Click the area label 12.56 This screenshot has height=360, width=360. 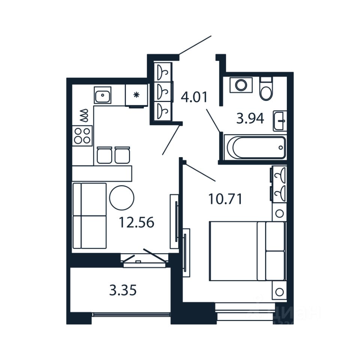click(136, 223)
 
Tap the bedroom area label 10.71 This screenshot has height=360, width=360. click(225, 199)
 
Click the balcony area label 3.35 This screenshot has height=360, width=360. click(123, 290)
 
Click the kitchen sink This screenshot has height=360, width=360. click(102, 96)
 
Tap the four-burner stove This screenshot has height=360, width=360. click(82, 136)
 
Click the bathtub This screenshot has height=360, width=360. click(255, 148)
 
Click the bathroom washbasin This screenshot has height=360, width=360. click(279, 121)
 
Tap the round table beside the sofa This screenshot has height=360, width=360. click(121, 198)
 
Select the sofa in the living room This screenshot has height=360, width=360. click(89, 216)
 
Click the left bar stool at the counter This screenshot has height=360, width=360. click(105, 155)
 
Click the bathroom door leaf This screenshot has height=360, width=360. click(213, 120)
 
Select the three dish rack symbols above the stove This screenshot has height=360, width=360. click(84, 116)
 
